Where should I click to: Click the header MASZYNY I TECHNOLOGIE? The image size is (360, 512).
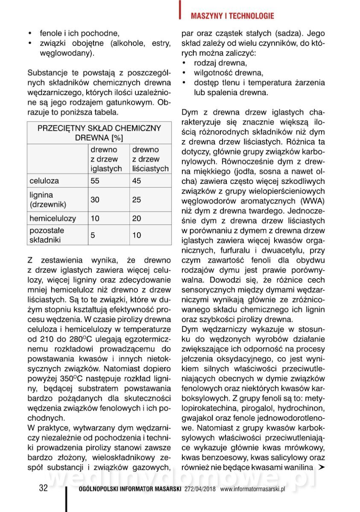click(232, 16)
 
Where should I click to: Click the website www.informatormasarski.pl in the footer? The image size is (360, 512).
click(252, 489)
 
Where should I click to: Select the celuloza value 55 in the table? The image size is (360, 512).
click(95, 181)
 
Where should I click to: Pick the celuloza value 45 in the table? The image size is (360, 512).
click(137, 181)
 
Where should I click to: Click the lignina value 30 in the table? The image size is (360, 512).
click(95, 199)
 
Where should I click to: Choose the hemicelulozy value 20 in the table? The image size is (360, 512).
click(137, 218)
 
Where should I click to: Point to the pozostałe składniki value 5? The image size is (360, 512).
click(93, 235)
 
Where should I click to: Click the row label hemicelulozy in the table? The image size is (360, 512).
click(53, 218)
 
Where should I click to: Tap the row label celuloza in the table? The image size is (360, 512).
click(44, 181)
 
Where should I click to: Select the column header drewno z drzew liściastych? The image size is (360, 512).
click(150, 159)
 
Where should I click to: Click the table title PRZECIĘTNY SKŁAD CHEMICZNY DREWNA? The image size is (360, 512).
click(99, 133)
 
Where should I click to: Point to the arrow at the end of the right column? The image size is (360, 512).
click(322, 467)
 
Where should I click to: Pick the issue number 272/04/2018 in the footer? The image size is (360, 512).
click(200, 489)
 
